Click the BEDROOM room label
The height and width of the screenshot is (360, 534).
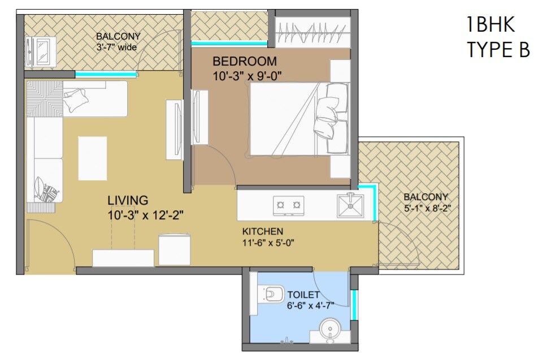pyautogui.click(x=244, y=61)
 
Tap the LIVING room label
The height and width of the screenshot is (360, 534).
pyautogui.click(x=128, y=200)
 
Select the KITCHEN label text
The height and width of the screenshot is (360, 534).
pyautogui.click(x=263, y=232)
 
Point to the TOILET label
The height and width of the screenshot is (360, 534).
pyautogui.click(x=303, y=294)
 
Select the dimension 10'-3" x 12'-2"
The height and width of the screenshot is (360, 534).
pyautogui.click(x=146, y=215)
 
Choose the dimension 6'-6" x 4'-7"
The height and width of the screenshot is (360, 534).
pyautogui.click(x=310, y=305)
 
